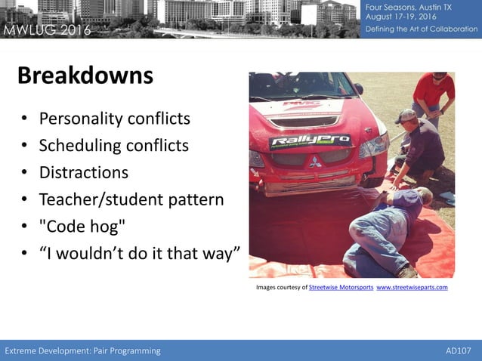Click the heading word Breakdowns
85,76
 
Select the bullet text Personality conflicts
114,119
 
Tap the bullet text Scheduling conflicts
113,145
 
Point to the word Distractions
83,172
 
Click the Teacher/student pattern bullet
131,199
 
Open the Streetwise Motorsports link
341,288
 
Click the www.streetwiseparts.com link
412,288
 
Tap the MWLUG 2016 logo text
47,30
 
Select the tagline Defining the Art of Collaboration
422,29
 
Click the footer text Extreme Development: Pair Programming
83,350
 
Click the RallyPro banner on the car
311,141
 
